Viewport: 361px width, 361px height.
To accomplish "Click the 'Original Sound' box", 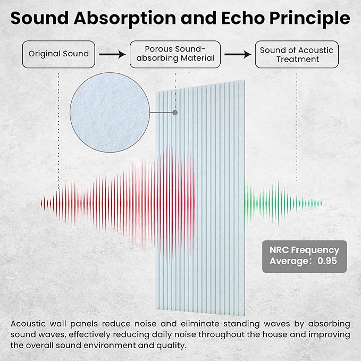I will tap(59, 54).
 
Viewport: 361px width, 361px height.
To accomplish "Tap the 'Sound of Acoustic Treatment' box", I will tap(297, 54).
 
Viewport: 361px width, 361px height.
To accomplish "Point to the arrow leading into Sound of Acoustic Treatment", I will tap(237, 54).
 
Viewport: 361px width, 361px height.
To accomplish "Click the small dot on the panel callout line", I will tap(175, 113).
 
